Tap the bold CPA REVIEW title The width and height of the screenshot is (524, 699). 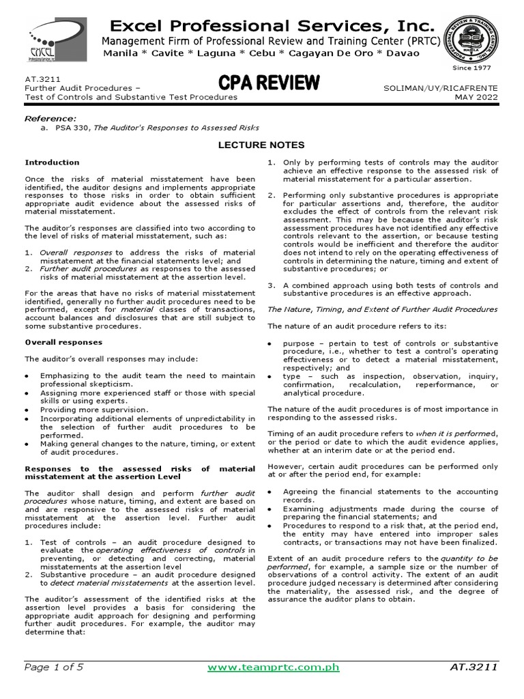pyautogui.click(x=269, y=83)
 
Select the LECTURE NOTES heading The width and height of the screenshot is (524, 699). pyautogui.click(x=261, y=145)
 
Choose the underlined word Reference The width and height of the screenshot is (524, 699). pyautogui.click(x=50, y=119)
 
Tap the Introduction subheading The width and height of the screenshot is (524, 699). pyautogui.click(x=52, y=162)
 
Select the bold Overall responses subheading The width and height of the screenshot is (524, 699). pyautogui.click(x=63, y=342)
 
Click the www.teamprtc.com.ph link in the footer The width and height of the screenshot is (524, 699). pyautogui.click(x=273, y=667)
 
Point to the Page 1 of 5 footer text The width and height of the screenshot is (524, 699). pyautogui.click(x=54, y=667)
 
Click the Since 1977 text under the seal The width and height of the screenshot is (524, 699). pyautogui.click(x=472, y=68)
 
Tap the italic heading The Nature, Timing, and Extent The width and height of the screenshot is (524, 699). pyautogui.click(x=383, y=309)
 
